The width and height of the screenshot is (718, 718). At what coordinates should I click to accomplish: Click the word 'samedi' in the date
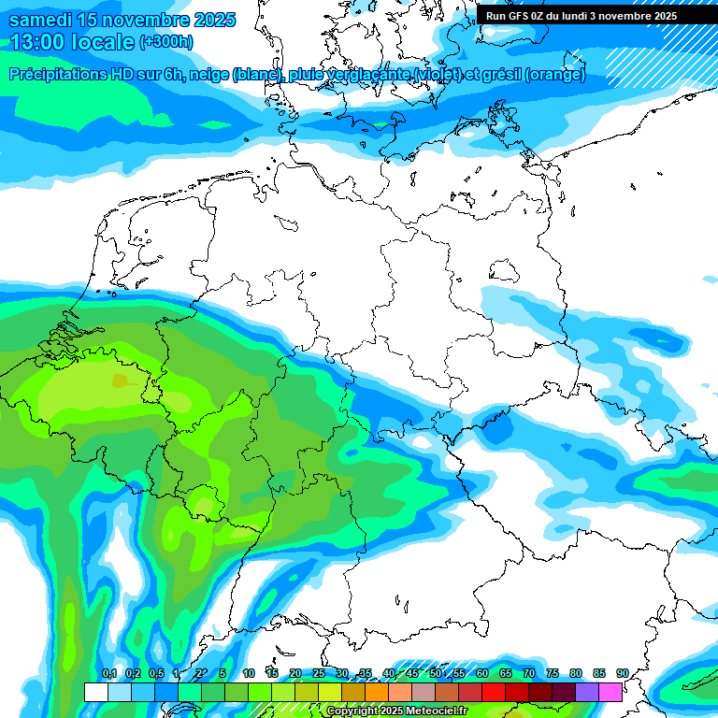point(39,20)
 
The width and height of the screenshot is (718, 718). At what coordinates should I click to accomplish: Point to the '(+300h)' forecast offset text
point(166,42)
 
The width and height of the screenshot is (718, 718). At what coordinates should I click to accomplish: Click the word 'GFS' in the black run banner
point(522,16)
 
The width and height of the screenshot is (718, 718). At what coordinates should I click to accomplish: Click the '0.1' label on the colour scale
point(108,673)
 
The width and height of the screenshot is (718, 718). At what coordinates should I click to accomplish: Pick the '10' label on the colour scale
point(248,673)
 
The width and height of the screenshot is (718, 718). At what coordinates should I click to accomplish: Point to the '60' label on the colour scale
point(481,673)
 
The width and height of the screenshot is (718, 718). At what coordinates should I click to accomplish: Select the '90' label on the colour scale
point(622,673)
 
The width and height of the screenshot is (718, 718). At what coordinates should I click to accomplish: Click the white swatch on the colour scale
point(95,692)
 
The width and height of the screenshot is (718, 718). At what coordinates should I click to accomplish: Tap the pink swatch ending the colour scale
point(610,692)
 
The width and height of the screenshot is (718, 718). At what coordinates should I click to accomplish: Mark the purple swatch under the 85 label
point(587,692)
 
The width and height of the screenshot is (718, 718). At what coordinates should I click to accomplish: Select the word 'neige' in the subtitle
point(209,75)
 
